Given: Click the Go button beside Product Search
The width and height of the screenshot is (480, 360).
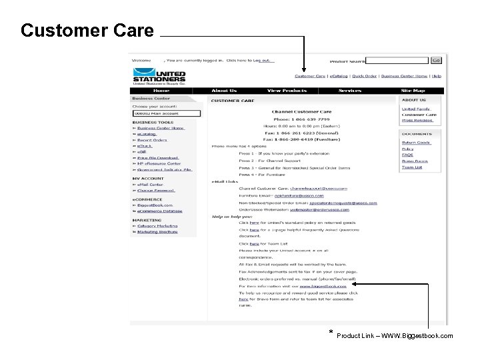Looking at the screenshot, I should click(x=435, y=60).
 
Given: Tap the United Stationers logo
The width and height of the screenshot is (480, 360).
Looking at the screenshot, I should click(x=159, y=76).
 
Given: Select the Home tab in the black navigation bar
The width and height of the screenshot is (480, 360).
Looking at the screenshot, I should click(x=161, y=91).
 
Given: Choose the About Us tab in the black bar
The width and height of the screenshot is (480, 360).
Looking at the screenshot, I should click(x=223, y=91).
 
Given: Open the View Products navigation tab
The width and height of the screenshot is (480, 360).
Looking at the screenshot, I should click(x=287, y=91).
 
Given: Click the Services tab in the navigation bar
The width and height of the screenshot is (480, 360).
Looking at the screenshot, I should click(x=349, y=91).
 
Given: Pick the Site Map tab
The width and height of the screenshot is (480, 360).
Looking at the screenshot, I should click(x=413, y=91).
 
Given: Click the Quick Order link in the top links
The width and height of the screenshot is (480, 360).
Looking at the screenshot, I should click(x=365, y=76).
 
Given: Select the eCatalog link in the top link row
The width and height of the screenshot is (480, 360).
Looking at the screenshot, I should click(x=339, y=76).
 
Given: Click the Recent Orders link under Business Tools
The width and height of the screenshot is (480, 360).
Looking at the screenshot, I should click(x=153, y=140).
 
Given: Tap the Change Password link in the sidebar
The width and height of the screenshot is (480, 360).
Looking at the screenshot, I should click(x=156, y=191).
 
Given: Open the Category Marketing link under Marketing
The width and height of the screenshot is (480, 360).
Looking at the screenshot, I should click(x=157, y=226).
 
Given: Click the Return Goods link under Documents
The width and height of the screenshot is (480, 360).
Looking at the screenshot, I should click(x=416, y=143).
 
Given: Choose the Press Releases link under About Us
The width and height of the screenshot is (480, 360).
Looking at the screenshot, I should click(x=417, y=121).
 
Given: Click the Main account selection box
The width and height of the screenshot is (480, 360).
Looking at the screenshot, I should click(x=166, y=113).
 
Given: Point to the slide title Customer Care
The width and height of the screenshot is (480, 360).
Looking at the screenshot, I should click(x=87, y=31).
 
